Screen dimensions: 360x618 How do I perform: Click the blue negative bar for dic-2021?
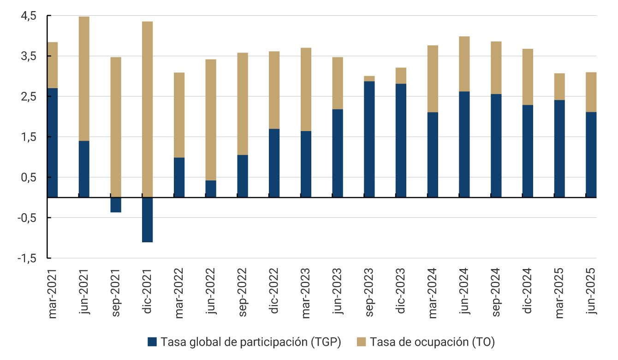(x=147, y=220)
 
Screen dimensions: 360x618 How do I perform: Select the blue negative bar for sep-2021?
(x=116, y=205)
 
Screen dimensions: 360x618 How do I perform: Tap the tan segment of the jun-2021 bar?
(x=84, y=78)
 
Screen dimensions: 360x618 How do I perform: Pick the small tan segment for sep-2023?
(x=369, y=78)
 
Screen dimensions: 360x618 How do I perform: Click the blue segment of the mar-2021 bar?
(x=53, y=143)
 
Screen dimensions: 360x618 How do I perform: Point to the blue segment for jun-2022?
(x=211, y=189)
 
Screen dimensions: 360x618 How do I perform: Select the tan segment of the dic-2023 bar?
(x=401, y=76)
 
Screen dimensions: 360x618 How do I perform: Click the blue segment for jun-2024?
(x=464, y=144)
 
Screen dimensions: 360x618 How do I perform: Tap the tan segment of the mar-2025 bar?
(x=559, y=87)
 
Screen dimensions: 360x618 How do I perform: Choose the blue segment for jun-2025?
(x=591, y=155)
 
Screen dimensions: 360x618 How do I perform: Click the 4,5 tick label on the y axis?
(x=28, y=16)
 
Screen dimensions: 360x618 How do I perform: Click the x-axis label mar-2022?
(x=179, y=294)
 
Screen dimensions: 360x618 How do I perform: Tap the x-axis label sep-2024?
(x=496, y=294)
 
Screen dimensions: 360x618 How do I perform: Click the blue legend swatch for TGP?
(x=152, y=342)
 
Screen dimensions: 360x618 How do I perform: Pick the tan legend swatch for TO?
(x=362, y=342)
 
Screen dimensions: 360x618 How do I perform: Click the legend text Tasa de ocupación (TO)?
(x=432, y=342)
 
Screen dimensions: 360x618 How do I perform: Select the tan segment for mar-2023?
(x=306, y=90)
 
